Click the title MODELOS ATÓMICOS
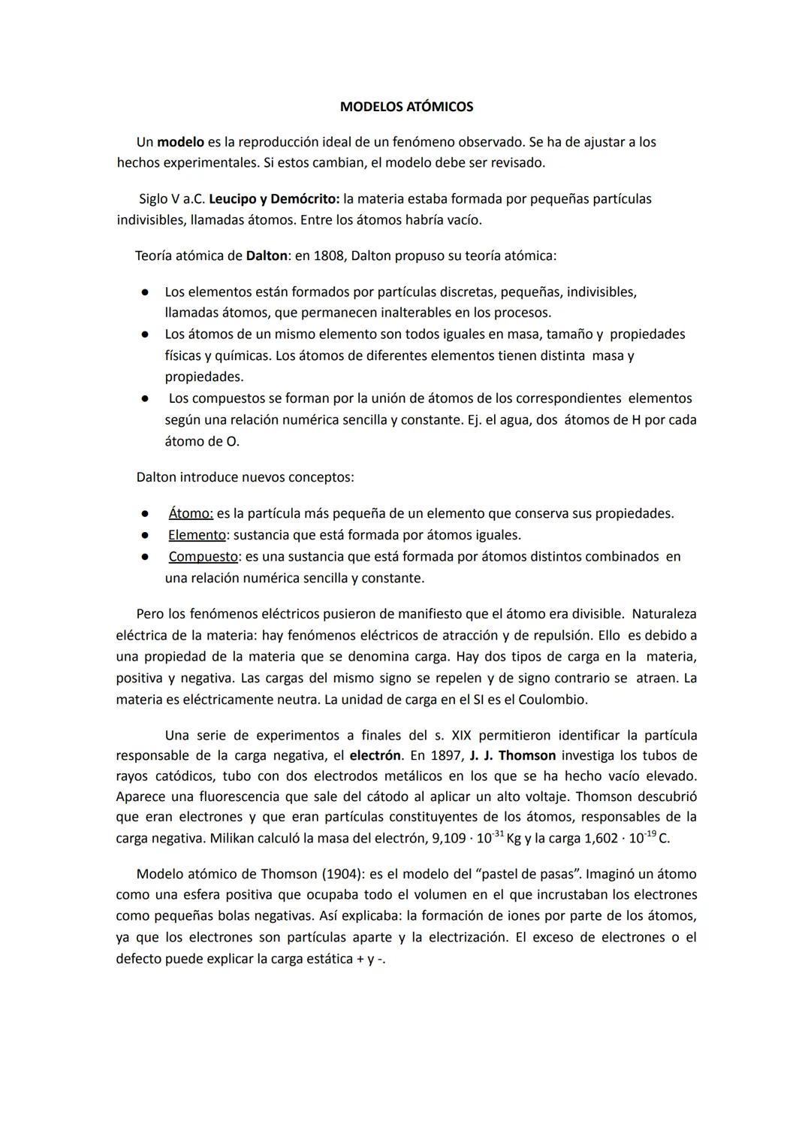tap(406, 107)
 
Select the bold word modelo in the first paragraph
tap(180, 142)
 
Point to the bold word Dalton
tap(267, 256)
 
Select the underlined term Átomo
tap(191, 514)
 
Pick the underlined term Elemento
tap(197, 535)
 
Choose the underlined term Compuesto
tap(203, 557)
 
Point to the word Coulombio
tap(552, 700)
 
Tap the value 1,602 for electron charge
tap(604, 839)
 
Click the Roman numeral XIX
tap(461, 735)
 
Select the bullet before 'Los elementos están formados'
tap(142, 292)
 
